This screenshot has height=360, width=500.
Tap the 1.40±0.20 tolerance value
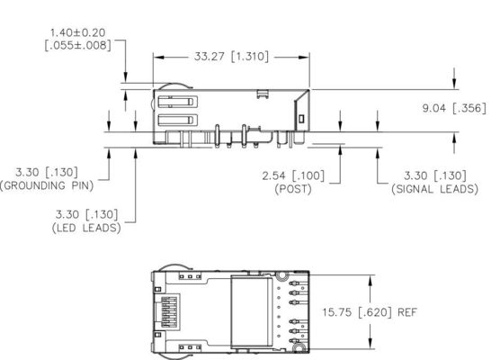[79, 32]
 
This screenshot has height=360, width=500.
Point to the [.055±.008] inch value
[79, 46]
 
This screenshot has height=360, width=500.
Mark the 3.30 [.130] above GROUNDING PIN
[55, 171]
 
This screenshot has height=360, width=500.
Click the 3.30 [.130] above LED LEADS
[87, 214]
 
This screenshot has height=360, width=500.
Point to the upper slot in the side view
[176, 100]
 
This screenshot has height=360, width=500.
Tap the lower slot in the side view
[176, 121]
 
